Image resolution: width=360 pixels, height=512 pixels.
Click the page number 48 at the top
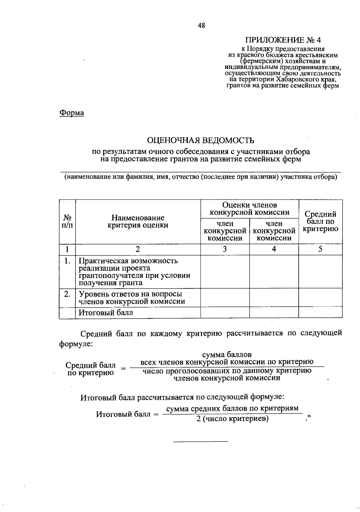(x=201, y=26)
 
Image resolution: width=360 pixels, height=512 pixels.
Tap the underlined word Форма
(x=72, y=113)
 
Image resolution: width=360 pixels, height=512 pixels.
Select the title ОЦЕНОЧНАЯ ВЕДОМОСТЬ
(x=200, y=140)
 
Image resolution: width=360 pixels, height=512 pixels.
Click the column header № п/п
(x=67, y=222)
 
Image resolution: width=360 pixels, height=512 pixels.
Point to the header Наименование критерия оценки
(x=138, y=222)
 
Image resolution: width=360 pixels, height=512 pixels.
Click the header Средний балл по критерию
(x=320, y=222)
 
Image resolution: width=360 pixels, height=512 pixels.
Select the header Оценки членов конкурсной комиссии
(x=250, y=209)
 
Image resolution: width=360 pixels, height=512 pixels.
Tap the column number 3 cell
(x=225, y=249)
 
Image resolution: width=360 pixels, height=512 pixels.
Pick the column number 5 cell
(x=320, y=249)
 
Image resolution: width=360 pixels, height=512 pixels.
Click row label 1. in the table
(x=67, y=261)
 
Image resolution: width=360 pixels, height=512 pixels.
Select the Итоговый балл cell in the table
(x=106, y=313)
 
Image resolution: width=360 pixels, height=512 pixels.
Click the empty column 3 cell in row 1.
(x=225, y=272)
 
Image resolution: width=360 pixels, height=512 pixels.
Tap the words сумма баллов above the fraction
(x=227, y=355)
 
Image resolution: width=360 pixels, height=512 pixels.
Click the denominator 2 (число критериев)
(x=232, y=419)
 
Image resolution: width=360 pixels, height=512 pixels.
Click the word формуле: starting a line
(x=76, y=344)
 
